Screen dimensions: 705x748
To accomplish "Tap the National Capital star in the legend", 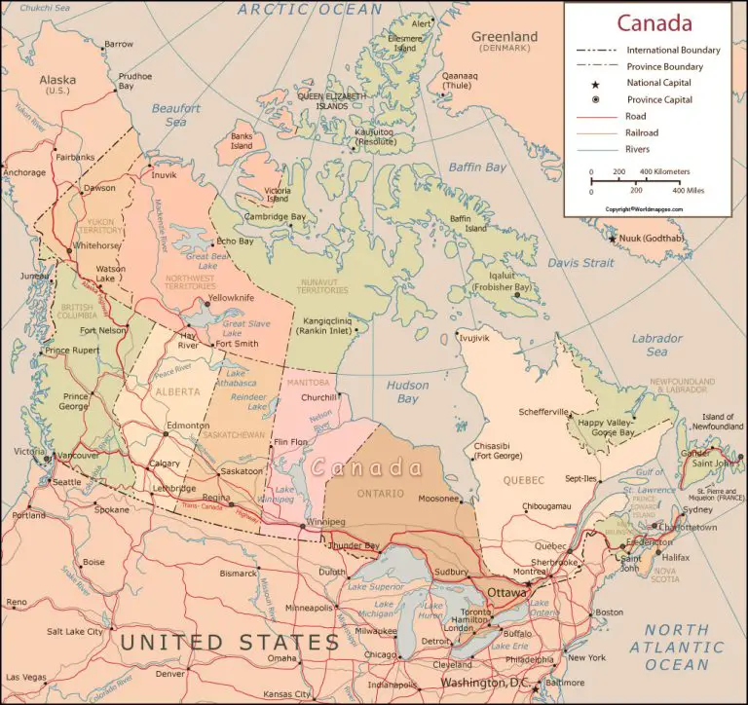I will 595,83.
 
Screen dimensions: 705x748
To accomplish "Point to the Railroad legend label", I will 643,132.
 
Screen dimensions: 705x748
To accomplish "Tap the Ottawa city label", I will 506,592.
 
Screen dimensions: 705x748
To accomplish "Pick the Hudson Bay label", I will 407,391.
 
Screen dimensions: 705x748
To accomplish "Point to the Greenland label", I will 505,37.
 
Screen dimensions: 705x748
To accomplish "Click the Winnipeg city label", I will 326,522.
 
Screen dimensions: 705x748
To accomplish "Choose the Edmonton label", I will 188,426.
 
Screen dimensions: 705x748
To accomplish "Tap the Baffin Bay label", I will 477,167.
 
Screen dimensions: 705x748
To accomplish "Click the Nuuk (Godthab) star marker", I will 613,239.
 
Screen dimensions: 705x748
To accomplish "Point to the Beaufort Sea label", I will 175,116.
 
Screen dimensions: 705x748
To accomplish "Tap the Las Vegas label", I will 24,677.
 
